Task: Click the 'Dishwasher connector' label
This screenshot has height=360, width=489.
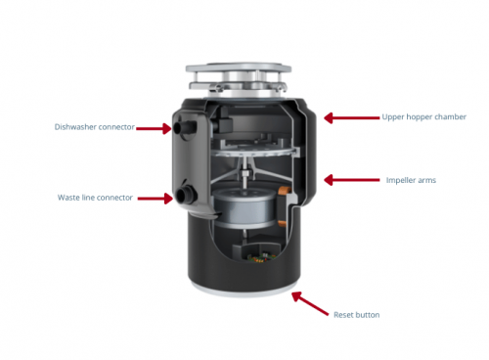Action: (95, 127)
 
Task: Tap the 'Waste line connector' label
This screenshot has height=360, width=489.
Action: (95, 198)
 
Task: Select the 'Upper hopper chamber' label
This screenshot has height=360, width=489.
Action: (424, 117)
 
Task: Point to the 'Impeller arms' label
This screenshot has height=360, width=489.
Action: (411, 180)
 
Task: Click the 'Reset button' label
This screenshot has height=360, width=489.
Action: (357, 315)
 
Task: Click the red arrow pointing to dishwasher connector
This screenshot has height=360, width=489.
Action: (154, 128)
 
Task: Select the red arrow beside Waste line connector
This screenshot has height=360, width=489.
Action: (156, 199)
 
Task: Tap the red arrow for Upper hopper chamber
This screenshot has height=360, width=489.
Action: (352, 117)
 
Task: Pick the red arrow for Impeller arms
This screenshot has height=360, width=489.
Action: (352, 180)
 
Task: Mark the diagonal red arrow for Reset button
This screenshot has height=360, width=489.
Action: (310, 303)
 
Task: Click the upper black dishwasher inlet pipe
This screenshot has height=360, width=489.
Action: (185, 127)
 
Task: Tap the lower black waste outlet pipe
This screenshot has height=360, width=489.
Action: (185, 195)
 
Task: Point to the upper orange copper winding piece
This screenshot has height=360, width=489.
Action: (284, 190)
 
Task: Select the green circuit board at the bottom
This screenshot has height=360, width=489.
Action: (260, 258)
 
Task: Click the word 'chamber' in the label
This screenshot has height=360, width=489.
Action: (450, 116)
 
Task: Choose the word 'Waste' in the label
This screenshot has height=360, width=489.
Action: (67, 198)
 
